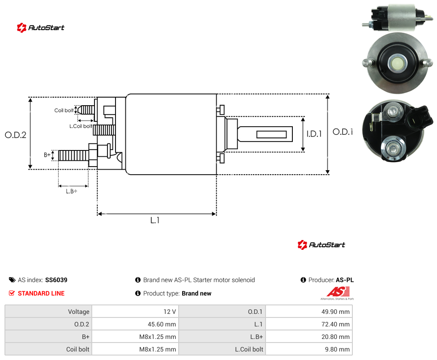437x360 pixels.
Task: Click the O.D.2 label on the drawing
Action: [x=16, y=135]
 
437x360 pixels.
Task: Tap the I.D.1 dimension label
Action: [x=314, y=134]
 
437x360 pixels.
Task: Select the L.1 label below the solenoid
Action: [x=155, y=220]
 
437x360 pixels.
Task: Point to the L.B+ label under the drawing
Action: [x=72, y=191]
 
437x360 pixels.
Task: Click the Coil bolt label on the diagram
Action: [x=64, y=110]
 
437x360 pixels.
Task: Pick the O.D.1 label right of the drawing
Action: [x=343, y=132]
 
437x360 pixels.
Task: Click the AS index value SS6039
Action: [x=56, y=280]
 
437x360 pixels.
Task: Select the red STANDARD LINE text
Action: [x=41, y=293]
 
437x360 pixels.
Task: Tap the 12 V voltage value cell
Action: [x=170, y=312]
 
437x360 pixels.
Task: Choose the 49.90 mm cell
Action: [x=335, y=312]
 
